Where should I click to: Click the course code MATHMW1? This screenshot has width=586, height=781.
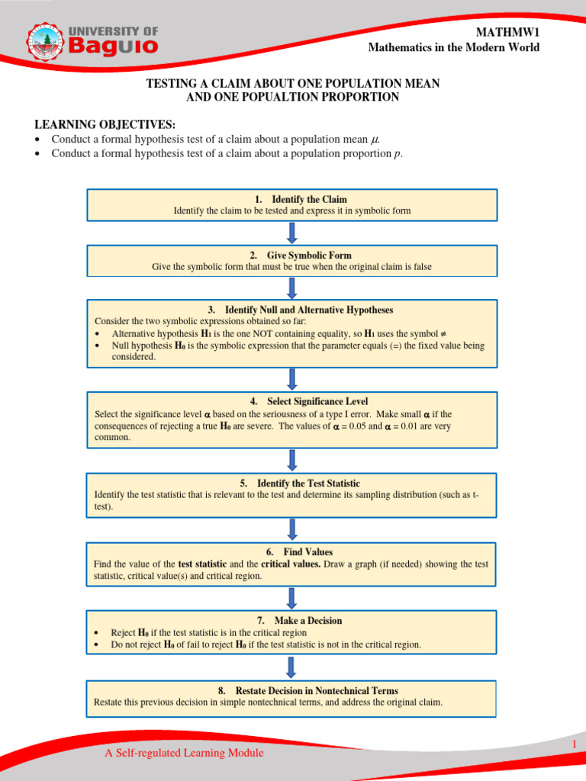tap(507, 31)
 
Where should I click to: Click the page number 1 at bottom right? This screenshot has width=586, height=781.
tap(572, 743)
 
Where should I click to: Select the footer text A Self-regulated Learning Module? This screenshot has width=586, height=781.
tap(184, 753)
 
